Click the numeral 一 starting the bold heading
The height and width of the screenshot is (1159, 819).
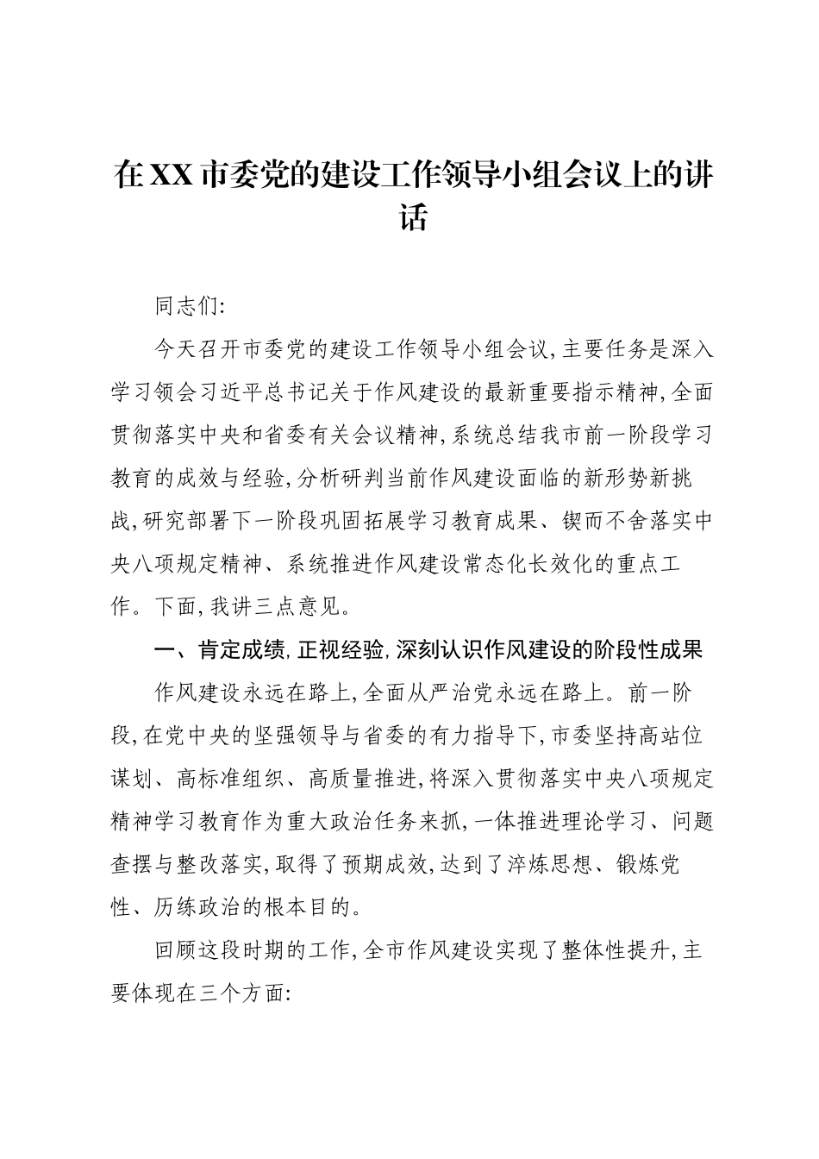[164, 649]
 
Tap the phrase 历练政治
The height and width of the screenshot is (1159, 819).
[198, 907]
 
